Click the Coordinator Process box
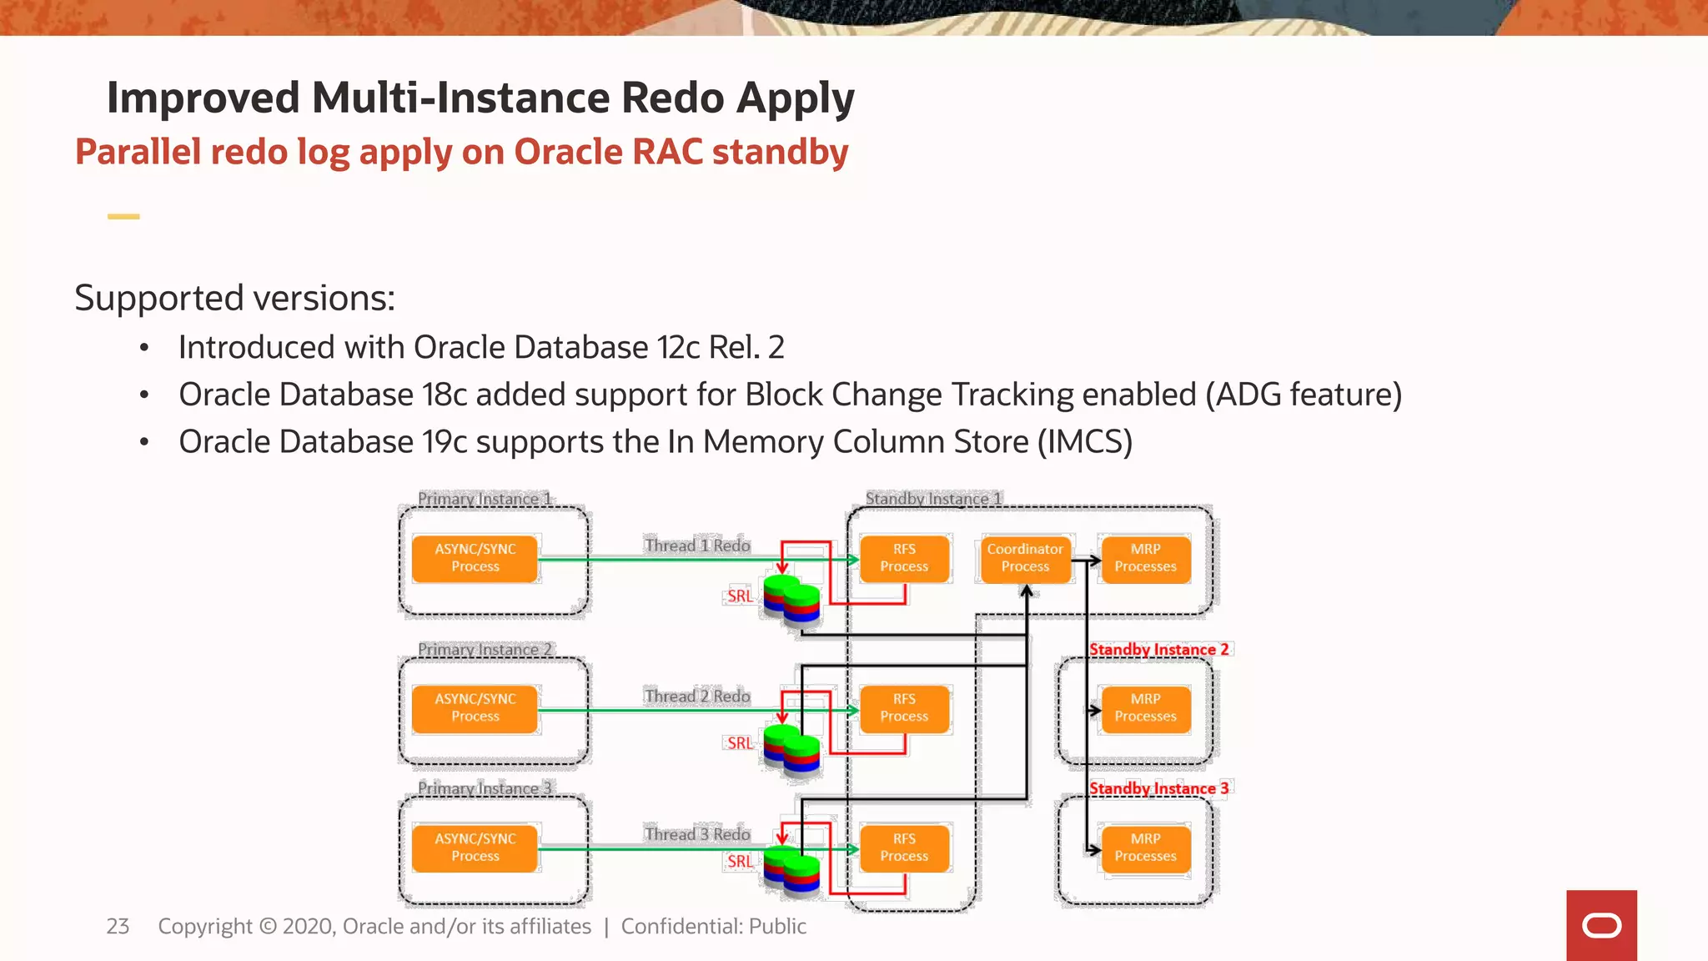click(1025, 558)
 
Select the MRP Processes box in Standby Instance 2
click(1145, 708)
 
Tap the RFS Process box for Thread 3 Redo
click(904, 848)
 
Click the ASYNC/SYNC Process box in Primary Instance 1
click(475, 558)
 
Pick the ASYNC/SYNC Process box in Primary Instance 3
click(475, 848)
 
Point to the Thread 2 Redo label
click(697, 696)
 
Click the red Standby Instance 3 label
click(1158, 788)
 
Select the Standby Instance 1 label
click(932, 498)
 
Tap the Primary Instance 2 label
click(485, 649)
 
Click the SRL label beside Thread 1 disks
click(740, 596)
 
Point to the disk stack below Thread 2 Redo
click(791, 749)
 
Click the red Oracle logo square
click(1601, 925)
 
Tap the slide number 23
click(118, 926)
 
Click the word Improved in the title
click(203, 98)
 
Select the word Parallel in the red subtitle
click(138, 152)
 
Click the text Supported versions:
click(234, 298)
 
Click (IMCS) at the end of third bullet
click(1084, 442)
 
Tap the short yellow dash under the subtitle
click(123, 217)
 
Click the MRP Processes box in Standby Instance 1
click(1145, 558)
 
